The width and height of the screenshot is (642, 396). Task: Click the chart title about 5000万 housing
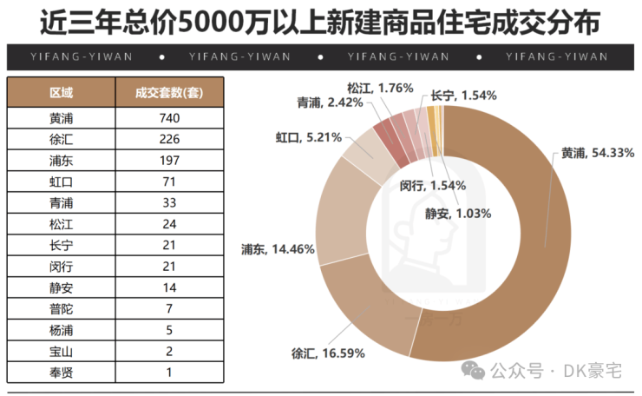pyautogui.click(x=320, y=21)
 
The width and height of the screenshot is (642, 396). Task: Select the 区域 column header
pyautogui.click(x=61, y=92)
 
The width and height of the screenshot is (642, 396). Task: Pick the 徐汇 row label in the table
pyautogui.click(x=61, y=139)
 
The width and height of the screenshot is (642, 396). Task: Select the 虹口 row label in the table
pyautogui.click(x=61, y=181)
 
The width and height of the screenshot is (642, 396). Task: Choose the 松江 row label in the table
pyautogui.click(x=61, y=224)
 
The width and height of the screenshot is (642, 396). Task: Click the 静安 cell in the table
pyautogui.click(x=61, y=287)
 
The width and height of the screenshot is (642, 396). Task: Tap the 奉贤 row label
pyautogui.click(x=61, y=373)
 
